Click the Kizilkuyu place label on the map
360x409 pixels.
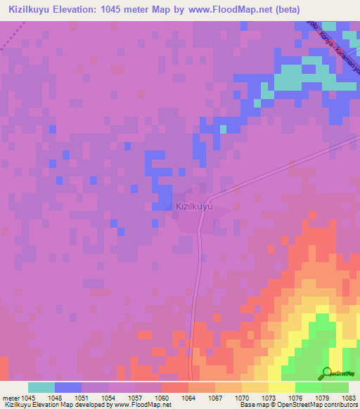point(193,207)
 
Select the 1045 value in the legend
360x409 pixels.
point(27,397)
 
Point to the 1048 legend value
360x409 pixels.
point(54,397)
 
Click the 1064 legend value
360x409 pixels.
point(188,397)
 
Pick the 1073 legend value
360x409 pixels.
point(268,397)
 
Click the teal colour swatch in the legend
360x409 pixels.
point(41,387)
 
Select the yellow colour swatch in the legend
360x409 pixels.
point(281,387)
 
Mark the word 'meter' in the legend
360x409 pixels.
point(10,397)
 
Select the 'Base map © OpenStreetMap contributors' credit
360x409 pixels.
point(297,405)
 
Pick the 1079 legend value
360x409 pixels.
point(321,397)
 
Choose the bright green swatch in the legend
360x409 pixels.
point(308,387)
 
